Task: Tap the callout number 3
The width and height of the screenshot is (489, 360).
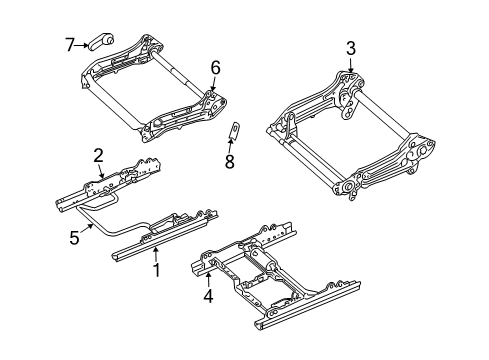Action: coord(350,47)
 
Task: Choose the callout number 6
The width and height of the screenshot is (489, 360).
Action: coord(213,68)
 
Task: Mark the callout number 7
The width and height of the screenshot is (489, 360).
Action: coord(70,43)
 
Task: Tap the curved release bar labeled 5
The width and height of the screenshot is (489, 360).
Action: coord(110,232)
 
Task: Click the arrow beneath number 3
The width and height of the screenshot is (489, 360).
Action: coord(349,64)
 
